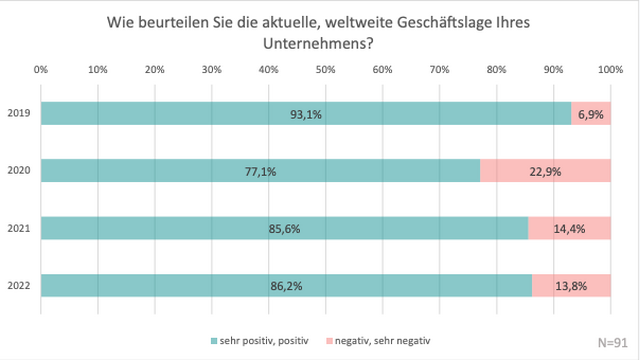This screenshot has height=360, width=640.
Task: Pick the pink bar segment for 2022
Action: pyautogui.click(x=571, y=285)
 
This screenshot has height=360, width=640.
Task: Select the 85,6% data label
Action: pyautogui.click(x=284, y=228)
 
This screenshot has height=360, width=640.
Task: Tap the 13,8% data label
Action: pyautogui.click(x=571, y=285)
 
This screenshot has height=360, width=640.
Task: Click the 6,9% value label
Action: pyautogui.click(x=591, y=114)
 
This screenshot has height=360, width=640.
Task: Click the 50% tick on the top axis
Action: pyautogui.click(x=326, y=70)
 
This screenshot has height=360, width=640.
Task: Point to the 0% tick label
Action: pyautogui.click(x=41, y=70)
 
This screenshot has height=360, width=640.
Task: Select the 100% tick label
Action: pyautogui.click(x=609, y=70)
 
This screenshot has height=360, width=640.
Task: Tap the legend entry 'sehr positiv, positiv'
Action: pyautogui.click(x=269, y=341)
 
